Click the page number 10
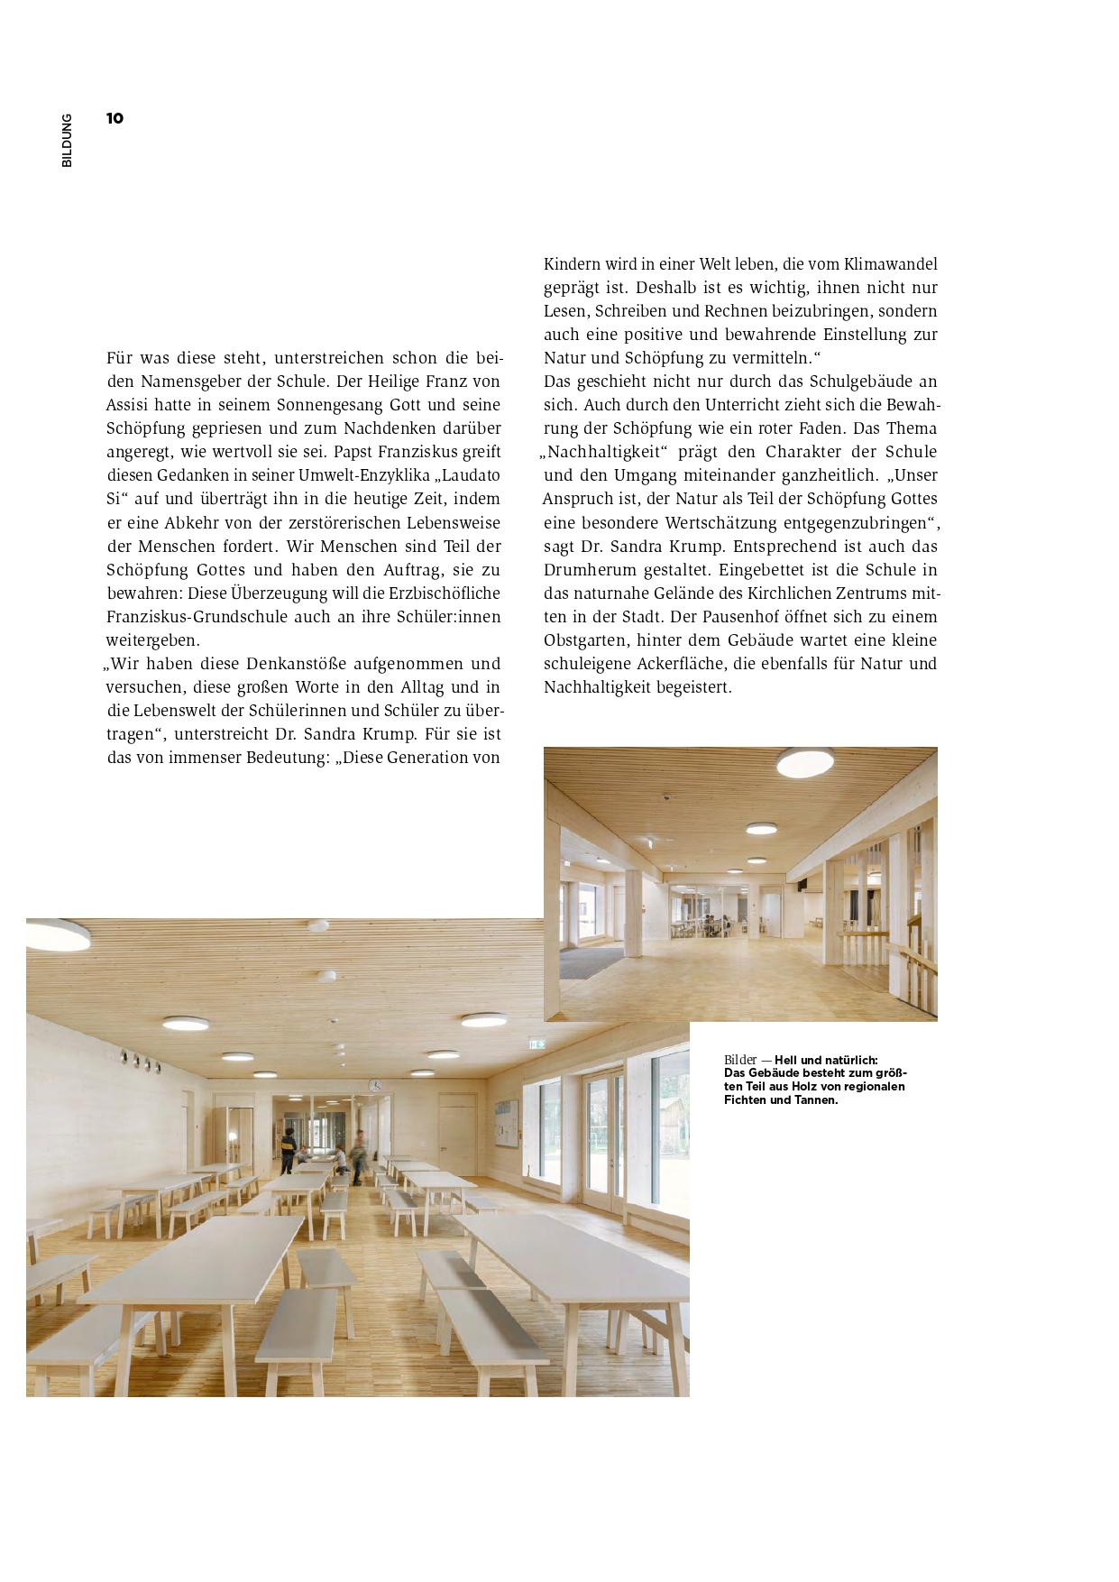pos(115,118)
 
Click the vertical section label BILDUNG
pos(67,141)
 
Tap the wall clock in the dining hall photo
pos(375,1085)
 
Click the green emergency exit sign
pos(538,1044)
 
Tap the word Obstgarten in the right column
pos(586,640)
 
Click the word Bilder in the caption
pos(740,1060)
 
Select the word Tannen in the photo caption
pos(813,1099)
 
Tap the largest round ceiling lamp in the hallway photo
pos(805,763)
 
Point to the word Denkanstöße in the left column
pos(297,664)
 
